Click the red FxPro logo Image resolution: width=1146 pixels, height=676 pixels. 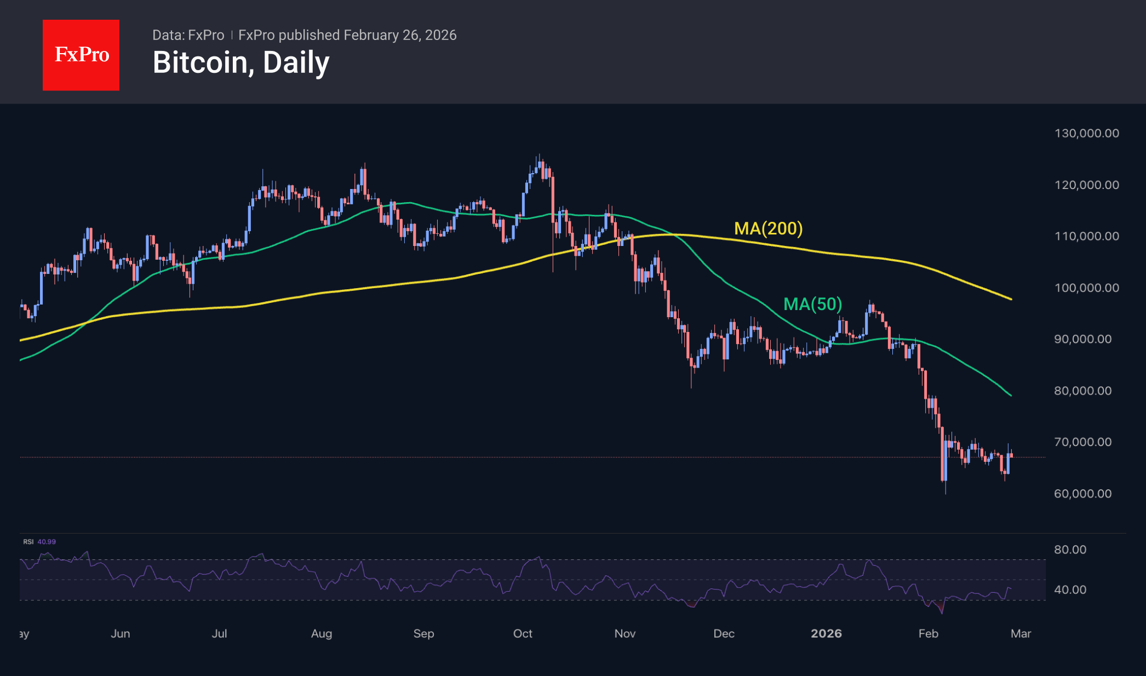click(81, 55)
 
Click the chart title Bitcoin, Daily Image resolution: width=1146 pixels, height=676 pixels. click(241, 62)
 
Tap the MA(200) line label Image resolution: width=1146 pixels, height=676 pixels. click(768, 228)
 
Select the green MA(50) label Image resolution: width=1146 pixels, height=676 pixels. click(812, 304)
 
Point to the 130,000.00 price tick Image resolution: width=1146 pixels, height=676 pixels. click(1086, 133)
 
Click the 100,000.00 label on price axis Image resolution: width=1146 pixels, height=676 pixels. click(1086, 288)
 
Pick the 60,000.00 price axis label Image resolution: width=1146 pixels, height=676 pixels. click(1082, 494)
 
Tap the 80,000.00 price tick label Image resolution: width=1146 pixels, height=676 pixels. click(1082, 391)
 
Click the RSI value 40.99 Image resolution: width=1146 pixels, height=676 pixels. click(47, 542)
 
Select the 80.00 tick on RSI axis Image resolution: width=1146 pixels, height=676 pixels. click(1070, 549)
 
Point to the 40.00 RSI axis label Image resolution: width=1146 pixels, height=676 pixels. click(1070, 589)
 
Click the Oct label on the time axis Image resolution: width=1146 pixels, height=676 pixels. click(523, 634)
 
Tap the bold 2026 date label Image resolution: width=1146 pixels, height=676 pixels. click(826, 634)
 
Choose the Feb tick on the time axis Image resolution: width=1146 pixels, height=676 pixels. click(929, 634)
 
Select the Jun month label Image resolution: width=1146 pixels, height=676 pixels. click(121, 634)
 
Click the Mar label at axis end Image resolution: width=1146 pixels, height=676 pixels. click(1021, 634)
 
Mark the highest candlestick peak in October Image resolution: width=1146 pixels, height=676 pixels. click(539, 155)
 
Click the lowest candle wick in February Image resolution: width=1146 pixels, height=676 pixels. click(946, 492)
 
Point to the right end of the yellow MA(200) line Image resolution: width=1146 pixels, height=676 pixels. click(1011, 299)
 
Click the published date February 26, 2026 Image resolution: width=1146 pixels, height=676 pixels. click(400, 35)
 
